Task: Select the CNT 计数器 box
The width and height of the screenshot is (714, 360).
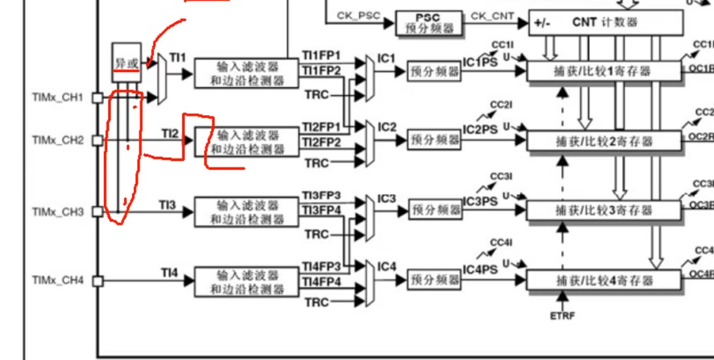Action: (x=606, y=23)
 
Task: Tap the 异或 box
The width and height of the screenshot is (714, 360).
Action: (x=127, y=63)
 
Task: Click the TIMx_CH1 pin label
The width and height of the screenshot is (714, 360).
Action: (x=58, y=98)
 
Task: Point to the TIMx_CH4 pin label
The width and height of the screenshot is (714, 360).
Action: (x=58, y=280)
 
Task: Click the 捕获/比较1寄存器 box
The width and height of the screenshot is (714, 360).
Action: (x=603, y=71)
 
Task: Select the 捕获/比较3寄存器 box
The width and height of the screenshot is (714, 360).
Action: (x=603, y=211)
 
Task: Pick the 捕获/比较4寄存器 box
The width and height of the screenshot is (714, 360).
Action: (x=603, y=280)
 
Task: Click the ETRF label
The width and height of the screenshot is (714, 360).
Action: (x=562, y=316)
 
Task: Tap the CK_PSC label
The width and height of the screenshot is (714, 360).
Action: (x=358, y=15)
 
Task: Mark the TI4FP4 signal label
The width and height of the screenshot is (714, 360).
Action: (x=322, y=282)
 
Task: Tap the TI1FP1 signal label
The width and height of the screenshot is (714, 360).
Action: (x=322, y=56)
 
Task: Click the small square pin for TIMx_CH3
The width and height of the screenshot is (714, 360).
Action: (x=97, y=212)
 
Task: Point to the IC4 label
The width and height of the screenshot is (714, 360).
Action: (x=386, y=267)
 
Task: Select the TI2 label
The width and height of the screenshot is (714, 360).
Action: (x=170, y=133)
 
